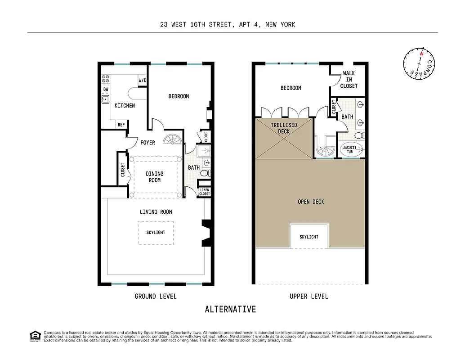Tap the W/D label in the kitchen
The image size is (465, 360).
point(143,81)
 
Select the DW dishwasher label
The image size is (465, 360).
point(106,89)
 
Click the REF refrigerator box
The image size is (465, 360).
point(121,125)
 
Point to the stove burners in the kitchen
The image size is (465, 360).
point(106,79)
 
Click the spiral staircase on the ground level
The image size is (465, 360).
point(173,140)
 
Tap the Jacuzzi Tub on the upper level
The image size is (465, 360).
point(349,149)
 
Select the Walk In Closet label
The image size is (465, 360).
point(349,80)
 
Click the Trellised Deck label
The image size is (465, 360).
point(283,128)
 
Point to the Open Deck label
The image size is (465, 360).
point(311,202)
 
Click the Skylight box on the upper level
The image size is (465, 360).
point(309,237)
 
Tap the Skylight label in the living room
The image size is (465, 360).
point(156,233)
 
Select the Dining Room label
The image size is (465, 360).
point(155,177)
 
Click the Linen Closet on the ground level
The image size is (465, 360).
point(205,192)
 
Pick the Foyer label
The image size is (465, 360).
point(148,143)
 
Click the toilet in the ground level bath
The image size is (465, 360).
point(205,173)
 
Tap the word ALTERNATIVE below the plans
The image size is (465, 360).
point(230,310)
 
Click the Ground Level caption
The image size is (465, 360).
point(156,296)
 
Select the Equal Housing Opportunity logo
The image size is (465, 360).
point(35,336)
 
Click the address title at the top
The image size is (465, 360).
point(228,25)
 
